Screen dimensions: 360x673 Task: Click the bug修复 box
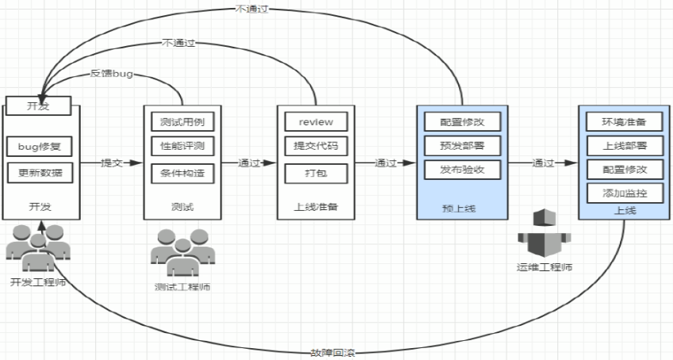pos(39,147)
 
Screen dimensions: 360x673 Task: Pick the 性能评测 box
pos(182,147)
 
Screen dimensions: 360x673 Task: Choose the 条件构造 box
pos(182,172)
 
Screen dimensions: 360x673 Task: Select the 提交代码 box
pos(315,147)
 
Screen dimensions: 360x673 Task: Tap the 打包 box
pos(315,172)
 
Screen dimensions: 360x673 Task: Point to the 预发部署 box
pos(461,145)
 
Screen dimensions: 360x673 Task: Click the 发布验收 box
pos(461,169)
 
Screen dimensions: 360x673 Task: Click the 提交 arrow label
pos(111,163)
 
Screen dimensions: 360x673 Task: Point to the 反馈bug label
pos(111,74)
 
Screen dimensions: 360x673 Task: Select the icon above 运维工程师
pos(542,232)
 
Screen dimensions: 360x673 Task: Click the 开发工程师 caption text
pos(37,282)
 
